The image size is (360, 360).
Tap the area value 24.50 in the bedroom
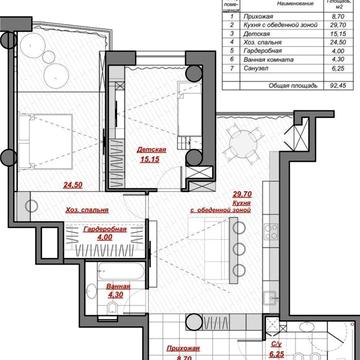coord(71,184)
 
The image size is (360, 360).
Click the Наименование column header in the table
coord(270,7)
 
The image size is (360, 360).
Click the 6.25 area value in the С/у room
coord(277,352)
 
